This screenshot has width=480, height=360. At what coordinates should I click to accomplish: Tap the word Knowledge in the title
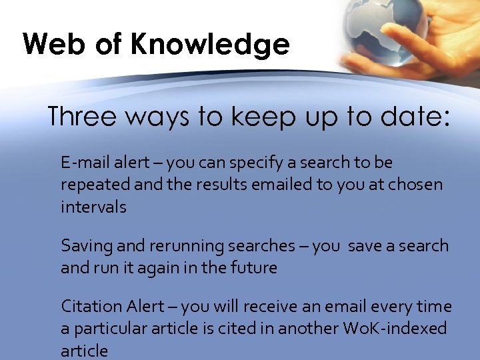[211, 45]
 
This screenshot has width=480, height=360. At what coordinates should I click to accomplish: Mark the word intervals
[93, 207]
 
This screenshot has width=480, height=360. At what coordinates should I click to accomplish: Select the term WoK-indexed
[395, 329]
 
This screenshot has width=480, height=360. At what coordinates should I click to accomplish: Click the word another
[309, 329]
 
